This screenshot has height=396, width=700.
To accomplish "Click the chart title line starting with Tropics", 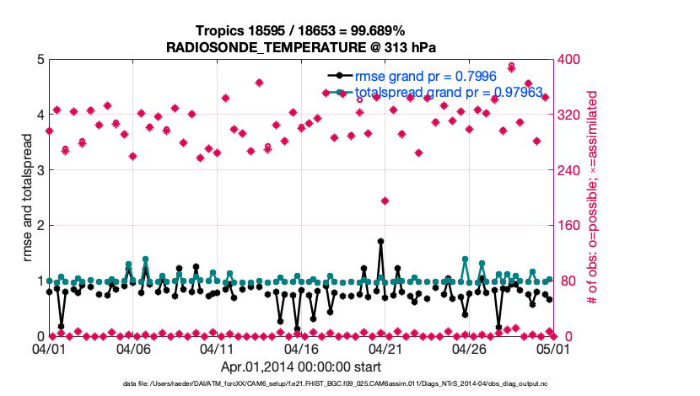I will [300, 30].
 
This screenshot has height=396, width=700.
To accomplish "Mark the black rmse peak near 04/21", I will [381, 241].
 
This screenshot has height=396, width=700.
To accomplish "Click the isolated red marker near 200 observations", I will [385, 201].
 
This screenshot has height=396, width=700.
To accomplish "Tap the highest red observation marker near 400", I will [511, 66].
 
